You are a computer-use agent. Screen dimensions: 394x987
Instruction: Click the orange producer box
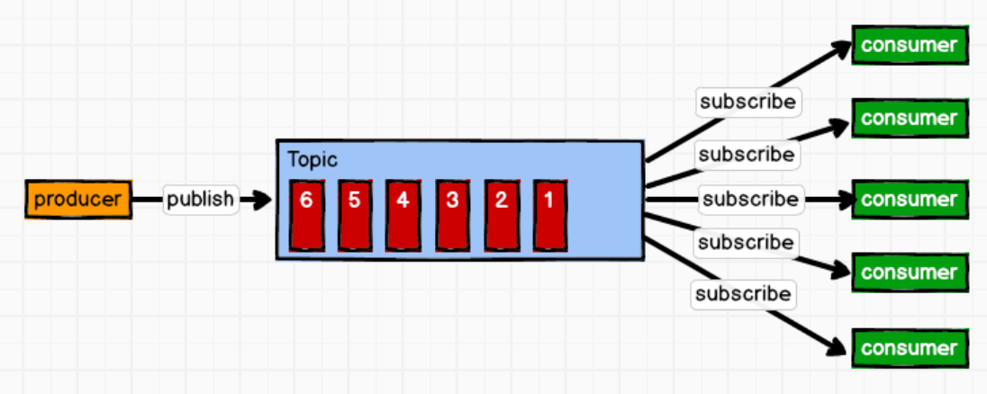click(78, 199)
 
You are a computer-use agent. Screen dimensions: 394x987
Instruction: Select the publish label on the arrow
click(201, 199)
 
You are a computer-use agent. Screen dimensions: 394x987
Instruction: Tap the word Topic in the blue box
click(312, 160)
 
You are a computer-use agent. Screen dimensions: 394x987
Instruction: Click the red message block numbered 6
click(307, 215)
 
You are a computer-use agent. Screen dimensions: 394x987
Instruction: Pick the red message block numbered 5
click(355, 215)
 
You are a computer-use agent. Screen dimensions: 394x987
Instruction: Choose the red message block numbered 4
click(403, 215)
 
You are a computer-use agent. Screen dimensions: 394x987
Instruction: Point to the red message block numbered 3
click(452, 215)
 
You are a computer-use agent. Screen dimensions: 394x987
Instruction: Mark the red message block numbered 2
click(501, 215)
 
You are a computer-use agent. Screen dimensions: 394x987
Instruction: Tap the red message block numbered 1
click(549, 215)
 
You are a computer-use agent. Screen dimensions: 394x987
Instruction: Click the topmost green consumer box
click(910, 45)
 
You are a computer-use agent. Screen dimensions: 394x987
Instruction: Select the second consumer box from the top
click(910, 118)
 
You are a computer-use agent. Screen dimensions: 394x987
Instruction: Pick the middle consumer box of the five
click(910, 199)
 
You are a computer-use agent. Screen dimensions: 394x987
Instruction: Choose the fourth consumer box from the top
click(910, 272)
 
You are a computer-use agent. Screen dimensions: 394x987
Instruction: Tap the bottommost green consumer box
click(910, 347)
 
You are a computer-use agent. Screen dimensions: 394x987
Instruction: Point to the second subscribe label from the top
click(747, 154)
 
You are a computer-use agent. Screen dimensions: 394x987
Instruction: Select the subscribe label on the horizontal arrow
click(750, 198)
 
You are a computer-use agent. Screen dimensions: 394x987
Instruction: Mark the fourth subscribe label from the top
click(746, 242)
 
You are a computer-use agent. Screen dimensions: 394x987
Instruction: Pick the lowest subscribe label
click(743, 293)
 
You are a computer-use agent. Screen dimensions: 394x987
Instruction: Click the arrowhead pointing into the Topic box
click(262, 200)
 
